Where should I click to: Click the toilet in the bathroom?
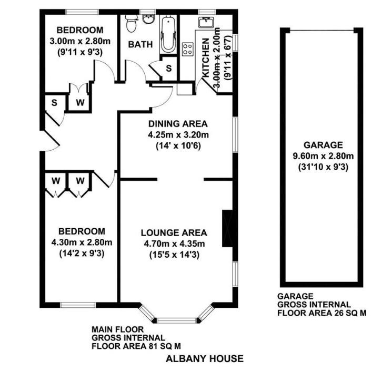coord(132,22)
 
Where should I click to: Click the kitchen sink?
coord(206,22)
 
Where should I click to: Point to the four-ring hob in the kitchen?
coord(187,49)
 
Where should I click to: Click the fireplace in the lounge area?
coord(227,228)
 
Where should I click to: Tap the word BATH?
coord(140,45)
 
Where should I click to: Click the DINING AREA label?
coord(178,124)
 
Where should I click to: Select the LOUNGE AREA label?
coord(174,232)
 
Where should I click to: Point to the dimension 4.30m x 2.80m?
coord(82,242)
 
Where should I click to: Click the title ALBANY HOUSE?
coord(205,359)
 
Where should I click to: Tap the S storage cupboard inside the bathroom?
coord(168,68)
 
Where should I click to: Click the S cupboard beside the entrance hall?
coord(54,102)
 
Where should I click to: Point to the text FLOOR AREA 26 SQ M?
coord(321,313)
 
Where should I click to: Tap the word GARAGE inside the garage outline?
coord(323,145)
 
